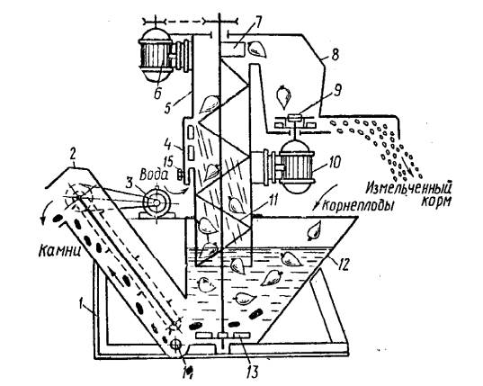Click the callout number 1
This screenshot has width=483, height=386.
tap(82, 306)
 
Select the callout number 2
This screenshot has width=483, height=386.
tap(72, 156)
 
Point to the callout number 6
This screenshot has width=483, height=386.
tap(157, 93)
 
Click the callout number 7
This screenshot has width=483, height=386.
tap(257, 23)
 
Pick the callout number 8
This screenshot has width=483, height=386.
tap(335, 54)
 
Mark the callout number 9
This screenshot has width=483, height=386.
tap(338, 91)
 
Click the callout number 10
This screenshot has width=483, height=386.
tap(335, 161)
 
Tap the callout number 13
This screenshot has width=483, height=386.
tap(252, 372)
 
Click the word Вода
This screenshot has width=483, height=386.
tap(154, 175)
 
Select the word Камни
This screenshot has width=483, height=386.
tap(59, 251)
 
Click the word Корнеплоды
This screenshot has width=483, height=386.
tap(357, 205)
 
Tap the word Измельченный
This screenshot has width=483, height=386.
tap(410, 188)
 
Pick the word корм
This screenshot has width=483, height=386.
tap(435, 201)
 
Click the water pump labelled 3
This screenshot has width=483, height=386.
tap(157, 202)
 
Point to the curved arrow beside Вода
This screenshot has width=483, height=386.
tap(176, 190)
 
